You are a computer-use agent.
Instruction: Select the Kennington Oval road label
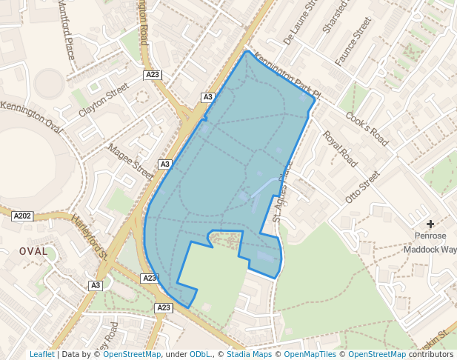click(31, 115)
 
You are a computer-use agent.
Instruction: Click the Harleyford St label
click(90, 237)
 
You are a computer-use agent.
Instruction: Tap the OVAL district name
click(33, 252)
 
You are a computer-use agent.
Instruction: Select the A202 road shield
click(22, 216)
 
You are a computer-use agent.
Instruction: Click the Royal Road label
click(340, 150)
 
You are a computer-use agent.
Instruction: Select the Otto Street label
click(362, 188)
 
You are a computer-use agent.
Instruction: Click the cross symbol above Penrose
click(430, 224)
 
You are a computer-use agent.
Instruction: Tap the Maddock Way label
click(430, 250)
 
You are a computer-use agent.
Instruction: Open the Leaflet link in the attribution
click(42, 355)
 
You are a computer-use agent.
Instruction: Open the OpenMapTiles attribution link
click(310, 355)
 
